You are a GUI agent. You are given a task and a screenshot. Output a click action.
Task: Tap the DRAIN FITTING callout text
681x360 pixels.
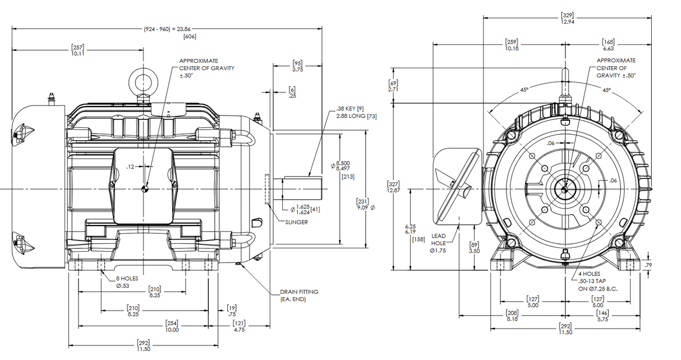299,296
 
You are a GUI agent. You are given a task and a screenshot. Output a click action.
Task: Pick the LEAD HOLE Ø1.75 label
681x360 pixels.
439,243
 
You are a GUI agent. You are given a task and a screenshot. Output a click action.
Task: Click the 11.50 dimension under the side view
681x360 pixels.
144,345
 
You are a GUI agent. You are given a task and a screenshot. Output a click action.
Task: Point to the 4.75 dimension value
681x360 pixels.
239,326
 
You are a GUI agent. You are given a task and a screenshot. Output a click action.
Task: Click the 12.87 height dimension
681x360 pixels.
393,187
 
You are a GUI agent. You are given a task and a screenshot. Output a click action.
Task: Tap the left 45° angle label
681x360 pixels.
523,90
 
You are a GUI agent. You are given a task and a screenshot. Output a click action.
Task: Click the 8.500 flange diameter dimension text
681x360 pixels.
342,165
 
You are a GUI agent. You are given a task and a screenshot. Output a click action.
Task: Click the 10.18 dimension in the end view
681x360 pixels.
511,45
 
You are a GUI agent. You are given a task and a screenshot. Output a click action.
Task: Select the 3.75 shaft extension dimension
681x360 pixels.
298,66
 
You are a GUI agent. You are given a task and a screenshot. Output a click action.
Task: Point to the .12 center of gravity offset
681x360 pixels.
130,167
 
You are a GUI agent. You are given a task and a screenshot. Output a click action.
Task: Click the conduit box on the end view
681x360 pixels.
458,186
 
